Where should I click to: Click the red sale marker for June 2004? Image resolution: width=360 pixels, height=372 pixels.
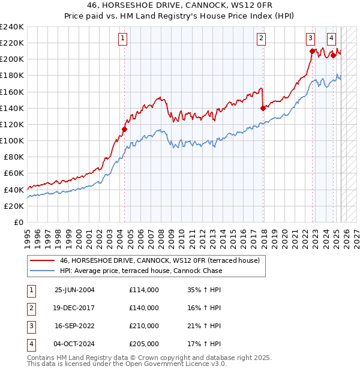point(125,129)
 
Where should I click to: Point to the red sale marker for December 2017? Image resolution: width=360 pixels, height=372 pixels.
point(263,108)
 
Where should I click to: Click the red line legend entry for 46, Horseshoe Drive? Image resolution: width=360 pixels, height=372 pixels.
point(159,260)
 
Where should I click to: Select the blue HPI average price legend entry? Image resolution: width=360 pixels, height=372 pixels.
point(141,271)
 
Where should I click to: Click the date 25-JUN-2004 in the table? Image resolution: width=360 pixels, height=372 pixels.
point(74,290)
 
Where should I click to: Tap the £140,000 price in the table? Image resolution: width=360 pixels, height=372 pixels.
point(144,308)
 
